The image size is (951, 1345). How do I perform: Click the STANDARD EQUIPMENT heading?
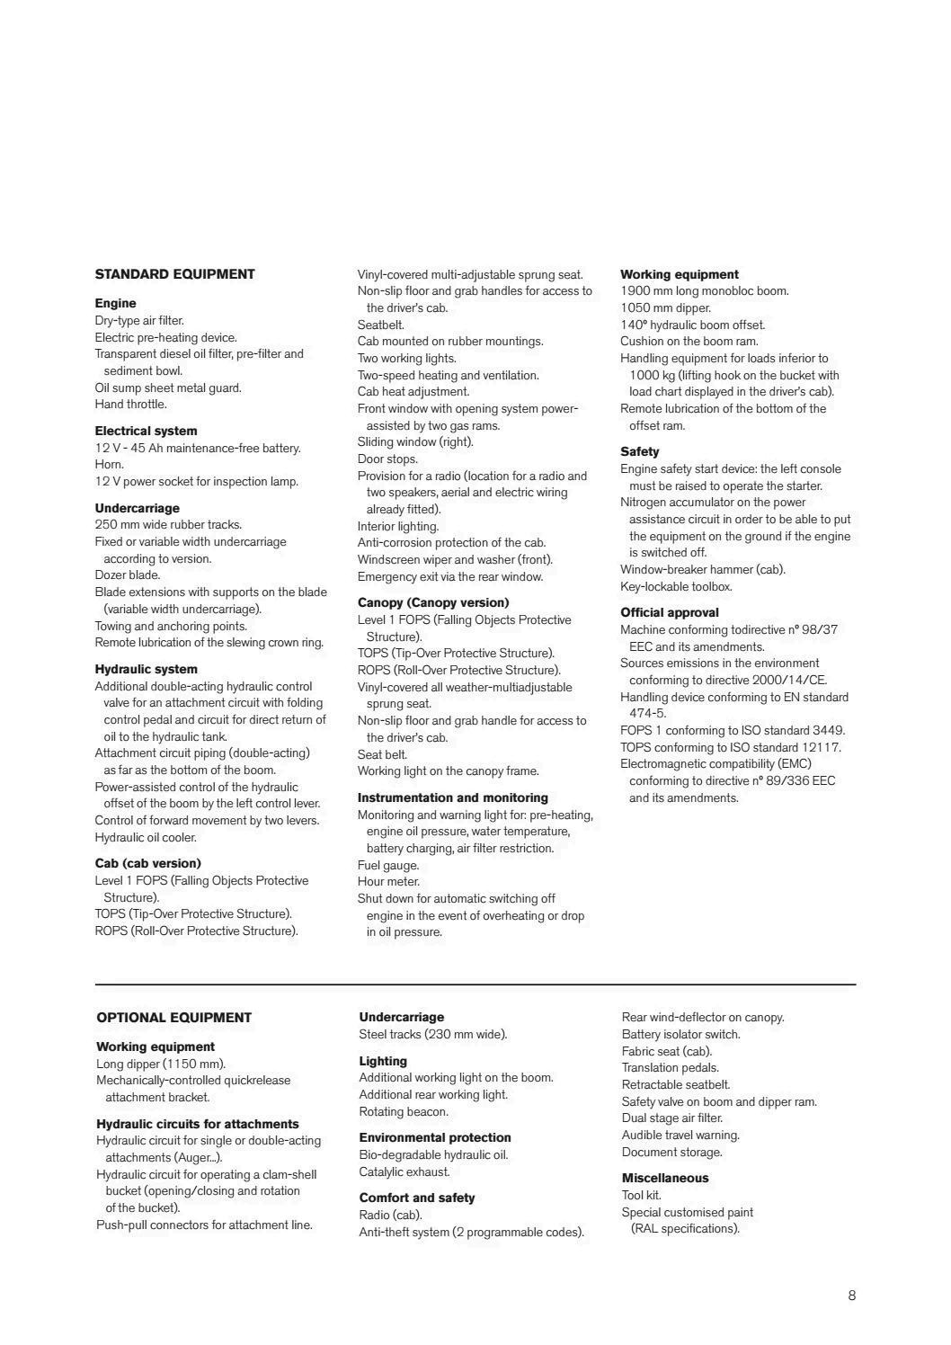point(174,274)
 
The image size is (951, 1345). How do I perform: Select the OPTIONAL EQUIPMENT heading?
point(173,1018)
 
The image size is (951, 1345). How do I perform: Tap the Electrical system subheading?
point(146,431)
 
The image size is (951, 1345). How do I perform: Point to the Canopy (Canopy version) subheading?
point(433,602)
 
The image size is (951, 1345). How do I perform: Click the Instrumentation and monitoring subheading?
point(452,797)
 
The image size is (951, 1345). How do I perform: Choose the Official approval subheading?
point(669,612)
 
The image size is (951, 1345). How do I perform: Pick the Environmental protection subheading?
point(435,1137)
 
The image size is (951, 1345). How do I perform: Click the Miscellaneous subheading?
point(665,1178)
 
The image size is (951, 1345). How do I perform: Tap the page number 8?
point(851,1296)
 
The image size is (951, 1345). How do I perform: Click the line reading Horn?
point(110,465)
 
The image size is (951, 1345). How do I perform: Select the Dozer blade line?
point(128,575)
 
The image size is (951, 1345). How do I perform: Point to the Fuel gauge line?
point(388,866)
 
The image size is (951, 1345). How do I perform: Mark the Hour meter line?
point(388,882)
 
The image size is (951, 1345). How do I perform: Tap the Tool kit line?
point(641,1195)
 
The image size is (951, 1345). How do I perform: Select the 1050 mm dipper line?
point(665,307)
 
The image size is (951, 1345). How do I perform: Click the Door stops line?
point(387,459)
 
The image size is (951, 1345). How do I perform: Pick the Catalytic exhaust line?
point(404,1172)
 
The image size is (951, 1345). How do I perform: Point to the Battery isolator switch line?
point(680,1035)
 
